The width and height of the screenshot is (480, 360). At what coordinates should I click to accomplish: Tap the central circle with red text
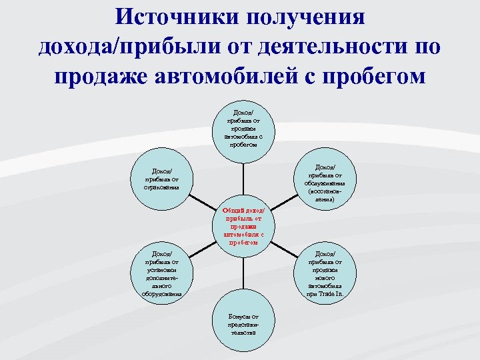pyautogui.click(x=243, y=226)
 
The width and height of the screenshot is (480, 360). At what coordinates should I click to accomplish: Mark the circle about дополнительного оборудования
pyautogui.click(x=162, y=273)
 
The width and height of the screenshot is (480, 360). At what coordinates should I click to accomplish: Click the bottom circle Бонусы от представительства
pyautogui.click(x=243, y=323)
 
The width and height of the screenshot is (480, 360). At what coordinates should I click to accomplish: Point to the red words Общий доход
pyautogui.click(x=239, y=210)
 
